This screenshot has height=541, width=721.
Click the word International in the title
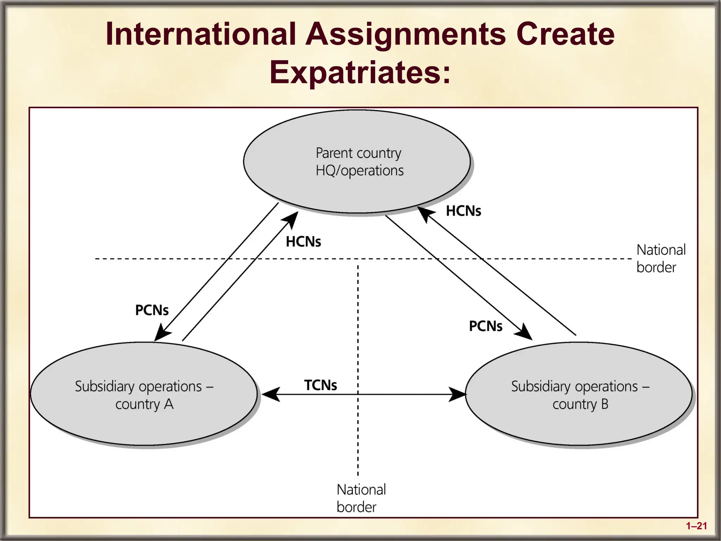tap(201, 34)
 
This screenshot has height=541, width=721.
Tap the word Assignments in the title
tap(405, 34)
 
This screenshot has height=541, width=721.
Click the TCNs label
tap(320, 385)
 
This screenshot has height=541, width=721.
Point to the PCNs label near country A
tap(152, 310)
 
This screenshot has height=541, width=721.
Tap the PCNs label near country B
tap(485, 326)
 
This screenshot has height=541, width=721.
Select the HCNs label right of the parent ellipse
tap(463, 211)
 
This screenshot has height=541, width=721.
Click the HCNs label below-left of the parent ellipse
tap(303, 242)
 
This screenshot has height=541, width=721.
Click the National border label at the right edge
tap(660, 259)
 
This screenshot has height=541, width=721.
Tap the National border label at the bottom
tap(361, 498)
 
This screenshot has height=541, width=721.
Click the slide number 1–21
tap(696, 526)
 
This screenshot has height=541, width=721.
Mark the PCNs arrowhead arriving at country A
tap(162, 333)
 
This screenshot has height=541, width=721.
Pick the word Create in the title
tap(565, 34)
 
